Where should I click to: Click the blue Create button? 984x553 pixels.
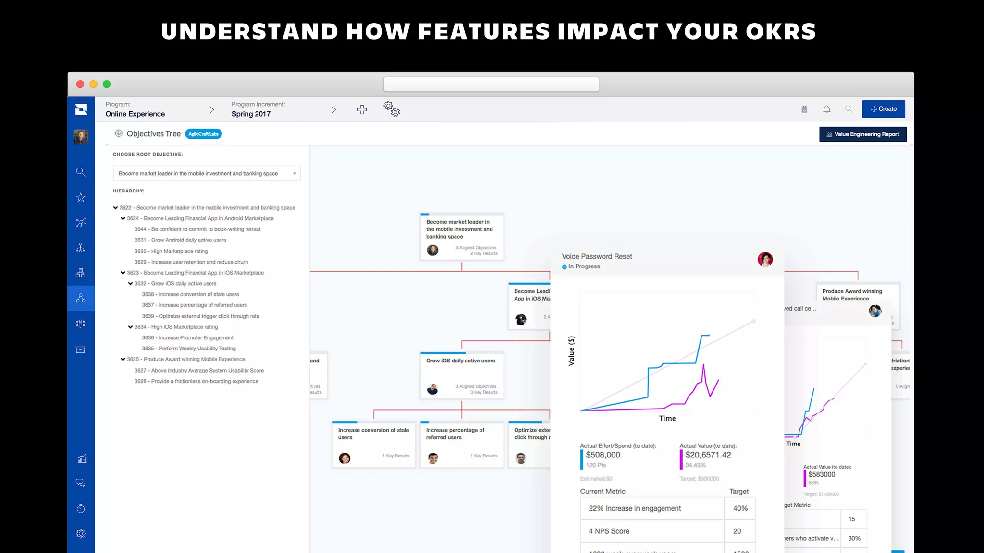coord(883,109)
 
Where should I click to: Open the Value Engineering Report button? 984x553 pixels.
coord(862,134)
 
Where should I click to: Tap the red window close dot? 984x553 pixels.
coord(80,84)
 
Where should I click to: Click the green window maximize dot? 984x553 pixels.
coord(107,84)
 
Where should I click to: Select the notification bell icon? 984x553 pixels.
coord(826,109)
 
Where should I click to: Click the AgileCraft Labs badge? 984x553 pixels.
coord(203,134)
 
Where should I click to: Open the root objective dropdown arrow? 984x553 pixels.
coord(295,174)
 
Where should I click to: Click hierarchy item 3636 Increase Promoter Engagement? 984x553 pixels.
coord(188,338)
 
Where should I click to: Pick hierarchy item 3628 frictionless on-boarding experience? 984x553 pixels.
coord(197,381)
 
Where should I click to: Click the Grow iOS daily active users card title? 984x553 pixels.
coord(460,361)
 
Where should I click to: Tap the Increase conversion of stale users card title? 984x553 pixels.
coord(373,433)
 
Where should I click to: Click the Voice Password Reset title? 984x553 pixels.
coord(597,257)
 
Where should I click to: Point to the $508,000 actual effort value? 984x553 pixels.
coord(603,455)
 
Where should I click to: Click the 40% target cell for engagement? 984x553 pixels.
coord(740,508)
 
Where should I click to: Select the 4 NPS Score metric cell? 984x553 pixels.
coord(609,531)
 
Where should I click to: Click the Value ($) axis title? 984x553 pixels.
coord(571,351)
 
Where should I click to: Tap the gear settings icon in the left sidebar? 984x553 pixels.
coord(81,533)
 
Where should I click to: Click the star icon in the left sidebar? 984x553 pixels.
coord(81,197)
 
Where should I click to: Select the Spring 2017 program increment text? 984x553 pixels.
coord(251,114)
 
